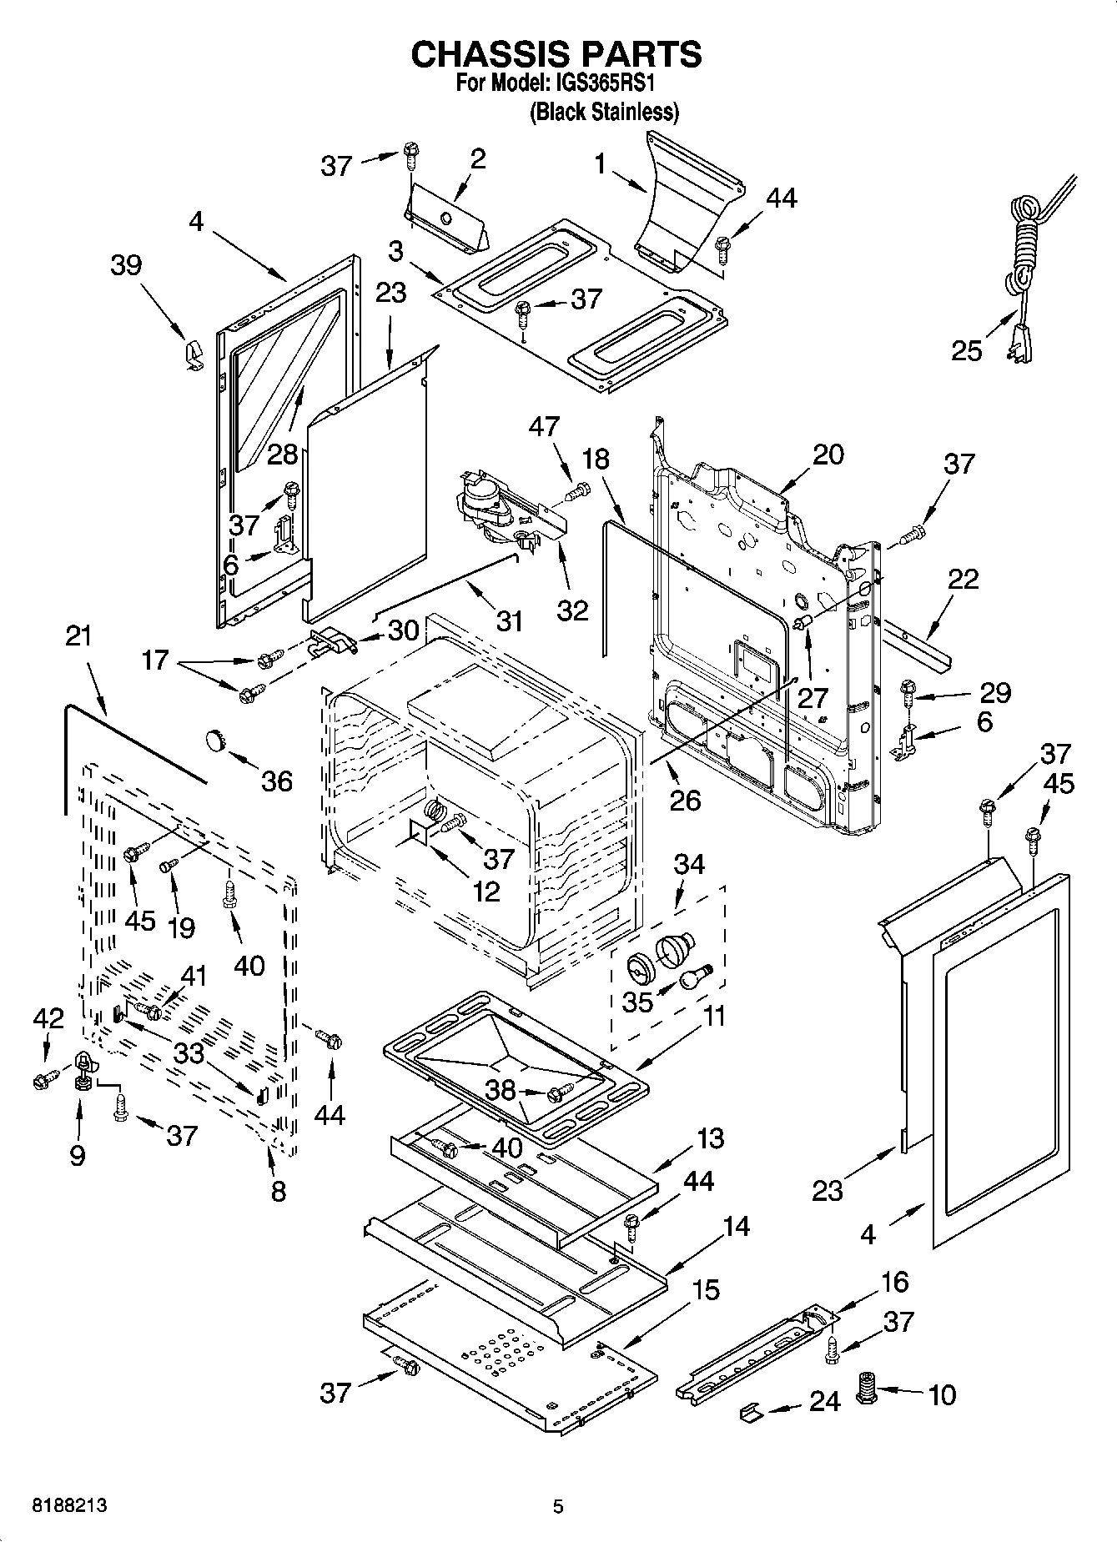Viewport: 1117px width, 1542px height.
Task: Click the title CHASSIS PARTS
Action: [x=556, y=54]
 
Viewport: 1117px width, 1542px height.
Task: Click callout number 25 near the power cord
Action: [x=966, y=350]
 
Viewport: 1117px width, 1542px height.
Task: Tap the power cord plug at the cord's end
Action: [x=1019, y=339]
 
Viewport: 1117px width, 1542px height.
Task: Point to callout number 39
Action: [x=125, y=265]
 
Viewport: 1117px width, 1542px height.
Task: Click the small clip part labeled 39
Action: [x=191, y=354]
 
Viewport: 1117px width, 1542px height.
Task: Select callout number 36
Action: [x=277, y=781]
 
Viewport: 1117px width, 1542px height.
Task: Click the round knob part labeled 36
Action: [x=217, y=739]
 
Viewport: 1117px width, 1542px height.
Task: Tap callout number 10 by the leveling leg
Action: [x=942, y=1394]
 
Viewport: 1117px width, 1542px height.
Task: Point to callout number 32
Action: [x=572, y=610]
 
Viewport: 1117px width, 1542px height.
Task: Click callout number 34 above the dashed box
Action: [x=689, y=864]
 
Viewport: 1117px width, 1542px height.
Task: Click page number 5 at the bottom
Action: [x=559, y=1506]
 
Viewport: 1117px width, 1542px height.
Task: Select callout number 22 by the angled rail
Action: [x=963, y=578]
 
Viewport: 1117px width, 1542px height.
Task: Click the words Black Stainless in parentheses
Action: [x=604, y=112]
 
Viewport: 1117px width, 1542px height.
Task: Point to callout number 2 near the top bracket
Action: [x=477, y=158]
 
